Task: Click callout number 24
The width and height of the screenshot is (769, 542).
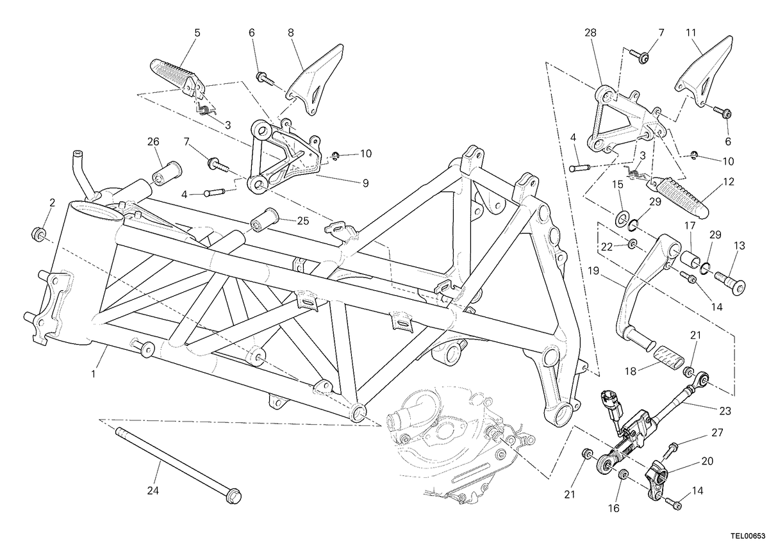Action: (x=153, y=491)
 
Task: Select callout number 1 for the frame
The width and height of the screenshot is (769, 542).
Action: (x=94, y=374)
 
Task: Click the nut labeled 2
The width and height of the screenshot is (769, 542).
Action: (x=38, y=234)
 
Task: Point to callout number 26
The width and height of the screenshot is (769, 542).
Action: (x=153, y=142)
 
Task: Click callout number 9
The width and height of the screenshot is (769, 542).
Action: (x=366, y=183)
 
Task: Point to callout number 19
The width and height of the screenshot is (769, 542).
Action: (x=593, y=271)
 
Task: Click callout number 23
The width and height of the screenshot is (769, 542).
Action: (x=725, y=411)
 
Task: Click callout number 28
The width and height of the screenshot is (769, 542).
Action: (x=590, y=33)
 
